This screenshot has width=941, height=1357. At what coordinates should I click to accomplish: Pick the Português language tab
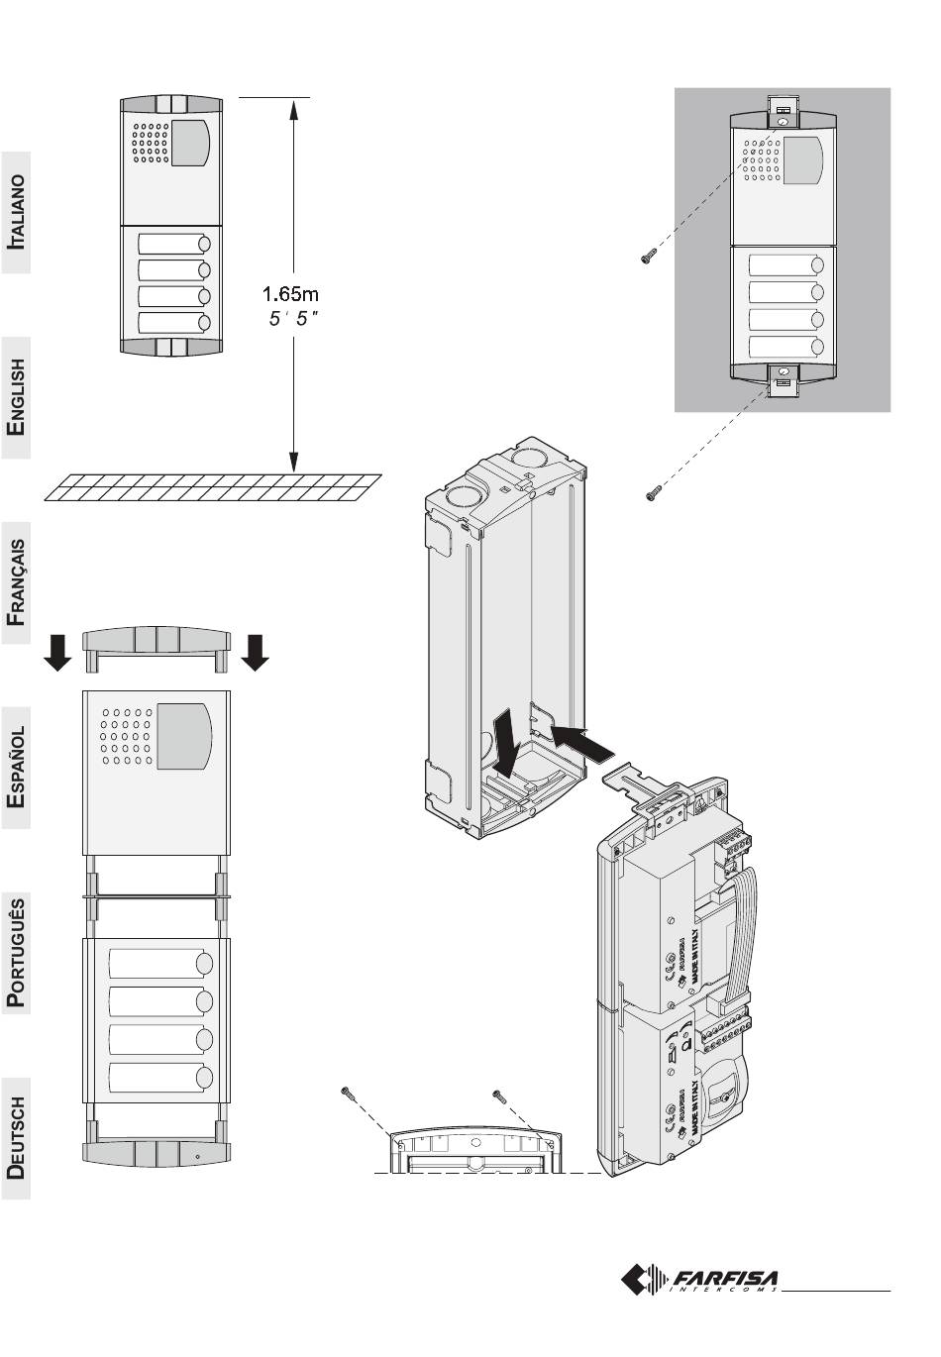point(15,953)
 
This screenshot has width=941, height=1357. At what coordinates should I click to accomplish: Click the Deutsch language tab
point(15,1138)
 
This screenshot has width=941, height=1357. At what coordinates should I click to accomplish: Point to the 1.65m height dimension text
point(290,293)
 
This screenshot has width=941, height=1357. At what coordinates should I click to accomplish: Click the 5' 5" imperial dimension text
point(293,319)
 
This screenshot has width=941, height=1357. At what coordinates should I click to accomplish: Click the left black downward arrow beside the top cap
point(58,652)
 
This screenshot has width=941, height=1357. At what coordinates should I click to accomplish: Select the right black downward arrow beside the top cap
point(257,652)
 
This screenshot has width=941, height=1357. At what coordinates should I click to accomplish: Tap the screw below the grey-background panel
point(653,490)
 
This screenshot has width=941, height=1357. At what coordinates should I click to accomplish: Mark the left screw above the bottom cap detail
point(348,1094)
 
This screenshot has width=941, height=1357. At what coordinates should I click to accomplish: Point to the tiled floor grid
point(213,487)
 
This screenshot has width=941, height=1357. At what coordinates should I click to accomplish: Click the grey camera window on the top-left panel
point(191,143)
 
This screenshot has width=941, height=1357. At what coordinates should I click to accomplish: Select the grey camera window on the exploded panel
point(185,737)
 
